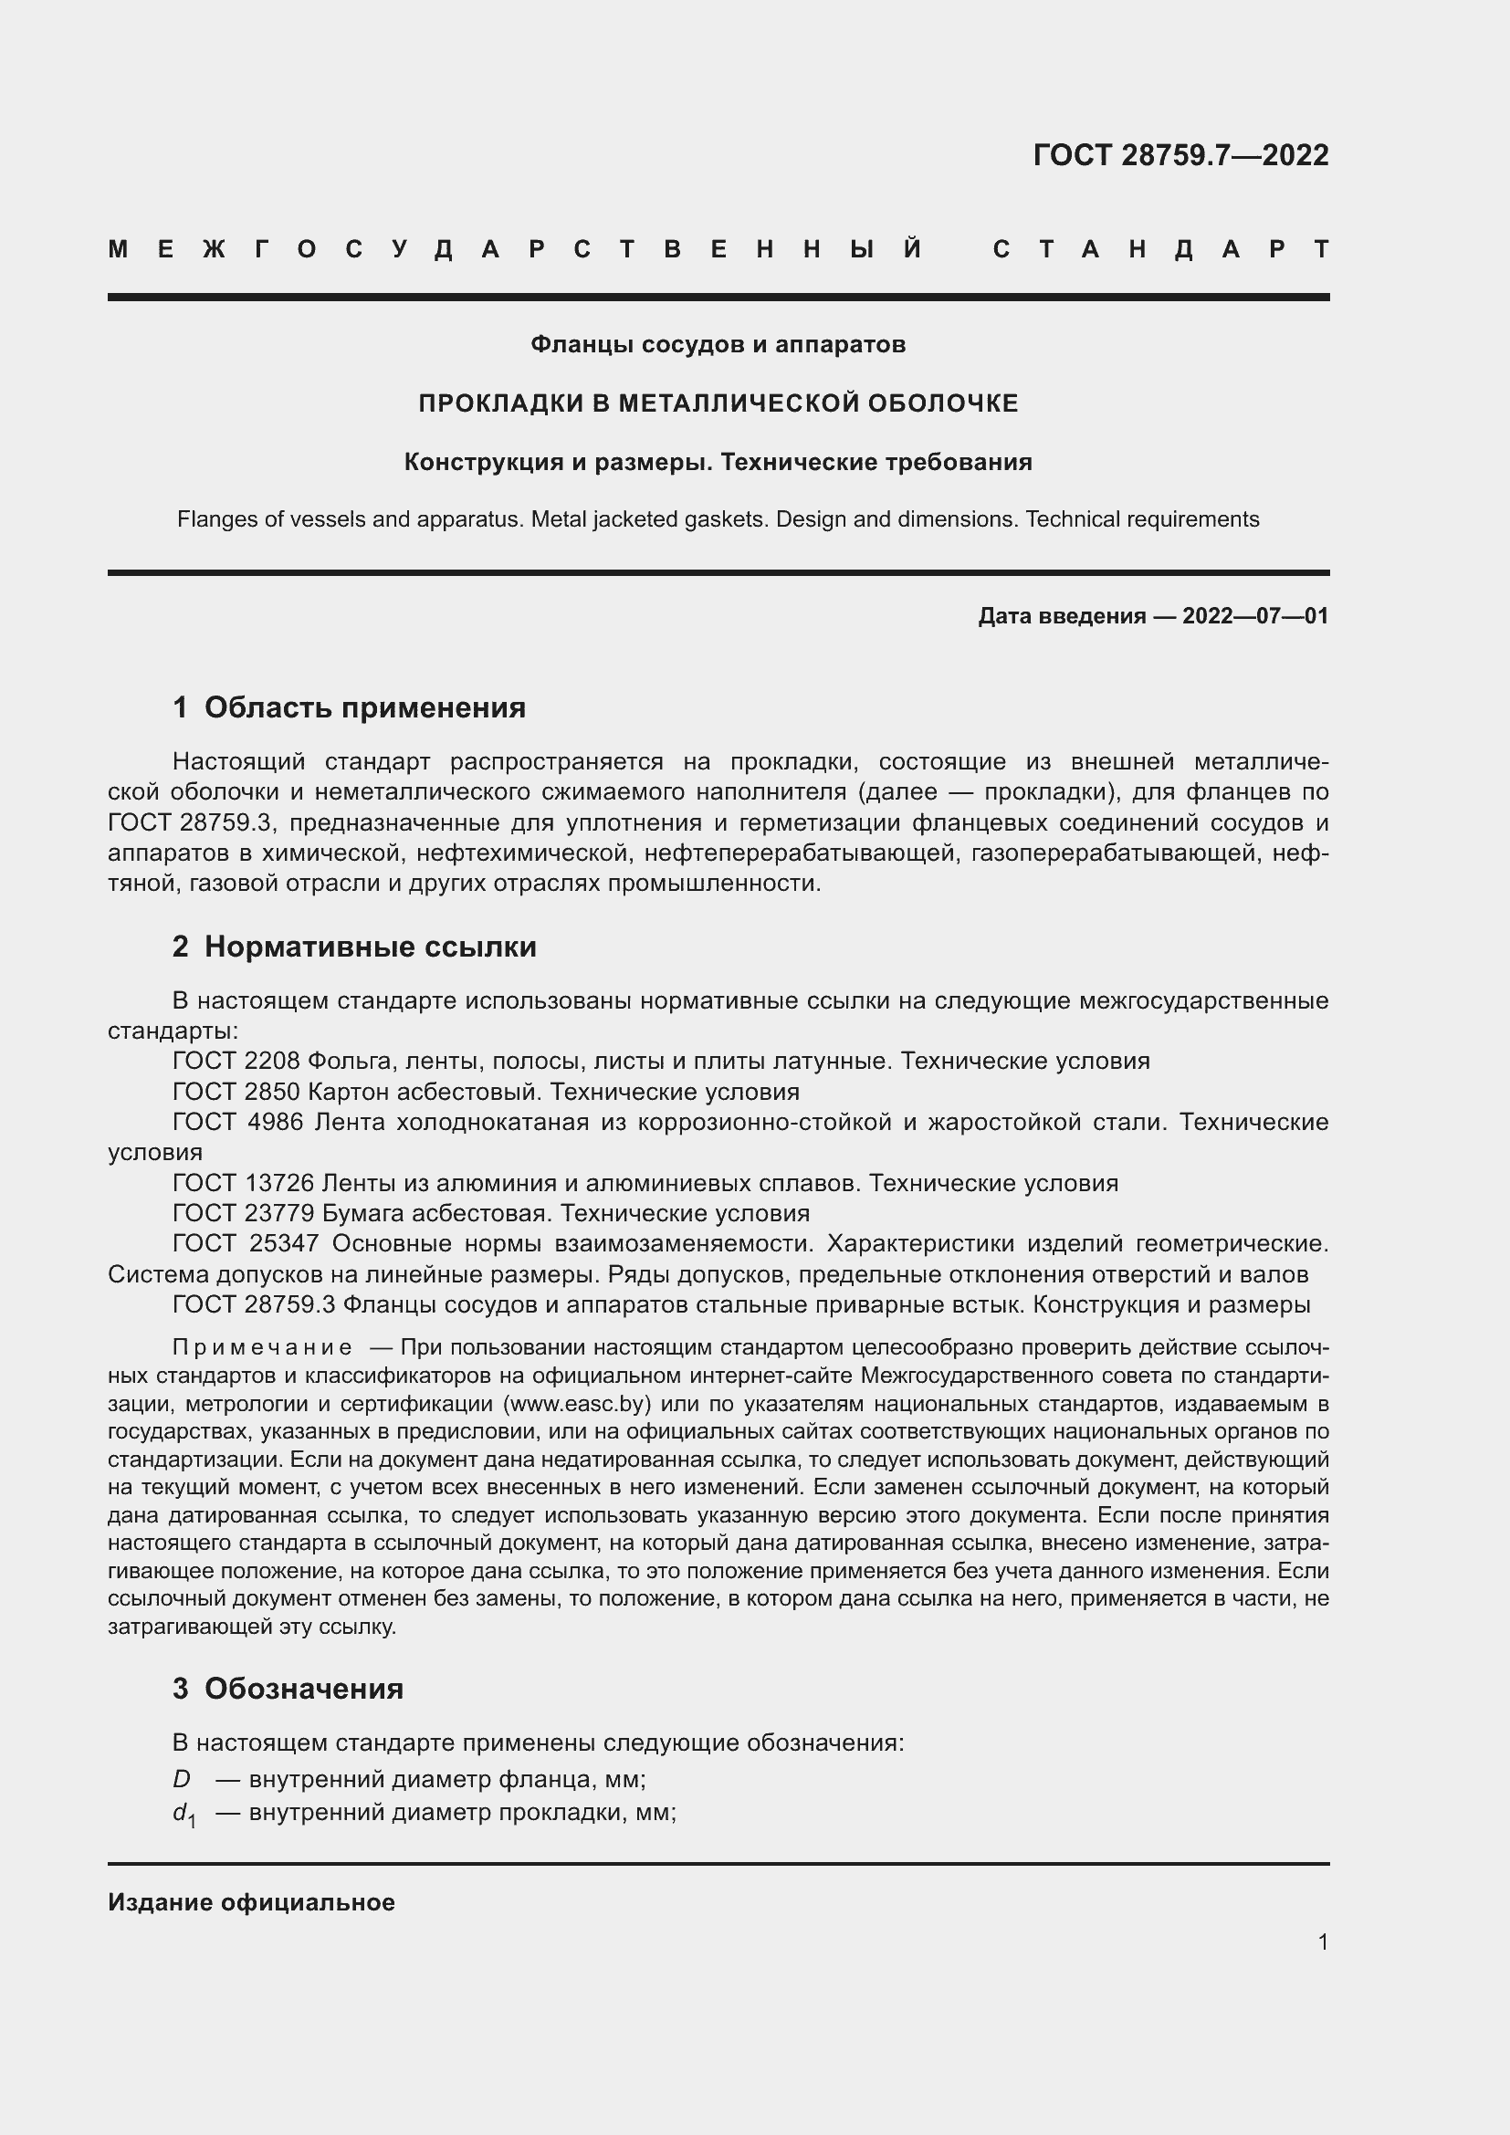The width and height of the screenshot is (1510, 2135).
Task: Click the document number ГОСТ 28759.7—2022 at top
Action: coord(1180,155)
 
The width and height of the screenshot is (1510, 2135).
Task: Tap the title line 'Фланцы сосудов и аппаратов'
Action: coord(718,345)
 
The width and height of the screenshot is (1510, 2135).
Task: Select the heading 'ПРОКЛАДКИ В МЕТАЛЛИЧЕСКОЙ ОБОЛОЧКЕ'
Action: coord(718,403)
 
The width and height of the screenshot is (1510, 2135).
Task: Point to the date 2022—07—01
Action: coord(1255,615)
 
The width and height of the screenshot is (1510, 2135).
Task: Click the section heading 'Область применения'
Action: coord(364,707)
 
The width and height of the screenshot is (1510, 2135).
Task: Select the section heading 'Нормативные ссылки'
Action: coord(370,947)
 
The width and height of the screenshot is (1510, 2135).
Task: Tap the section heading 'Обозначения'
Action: coord(303,1689)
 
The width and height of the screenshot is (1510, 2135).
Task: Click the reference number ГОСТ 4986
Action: coord(238,1123)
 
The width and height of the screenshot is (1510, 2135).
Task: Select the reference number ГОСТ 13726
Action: coord(244,1183)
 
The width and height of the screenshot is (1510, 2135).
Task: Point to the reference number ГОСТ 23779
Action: coord(244,1213)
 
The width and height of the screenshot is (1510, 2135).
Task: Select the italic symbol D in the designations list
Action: coord(182,1780)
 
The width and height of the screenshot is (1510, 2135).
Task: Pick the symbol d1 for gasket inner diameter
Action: coord(184,1814)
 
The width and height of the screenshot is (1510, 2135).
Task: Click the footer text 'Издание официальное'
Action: coord(251,1902)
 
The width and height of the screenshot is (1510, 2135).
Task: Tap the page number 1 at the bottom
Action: coord(1323,1942)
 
